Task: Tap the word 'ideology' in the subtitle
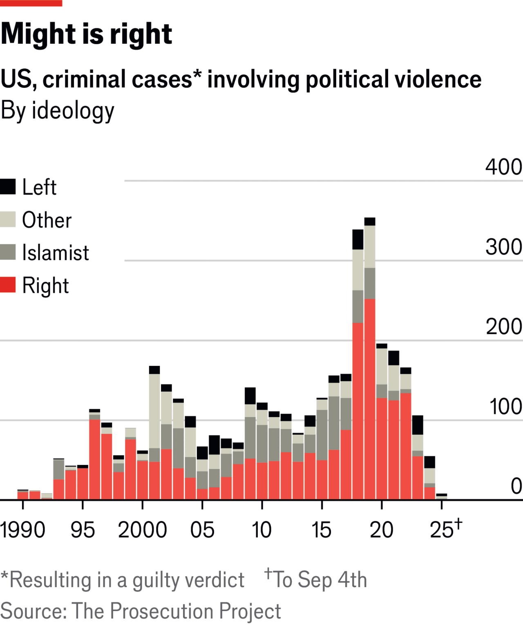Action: pos(73,111)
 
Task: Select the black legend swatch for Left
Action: pos(8,186)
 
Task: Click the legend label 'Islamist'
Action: pos(55,253)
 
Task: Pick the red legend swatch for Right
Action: pos(8,285)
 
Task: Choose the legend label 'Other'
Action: pos(47,220)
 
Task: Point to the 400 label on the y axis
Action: pos(503,167)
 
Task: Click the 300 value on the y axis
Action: pos(503,247)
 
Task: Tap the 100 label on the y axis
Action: pos(505,406)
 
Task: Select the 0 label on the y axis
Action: pos(516,486)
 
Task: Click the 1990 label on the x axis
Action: pos(22,530)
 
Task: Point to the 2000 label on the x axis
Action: pos(142,530)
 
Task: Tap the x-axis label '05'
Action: pos(202,530)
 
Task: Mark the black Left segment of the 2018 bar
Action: pos(358,240)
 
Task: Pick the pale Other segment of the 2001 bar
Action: pos(154,411)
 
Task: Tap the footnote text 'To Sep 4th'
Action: pos(320,580)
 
